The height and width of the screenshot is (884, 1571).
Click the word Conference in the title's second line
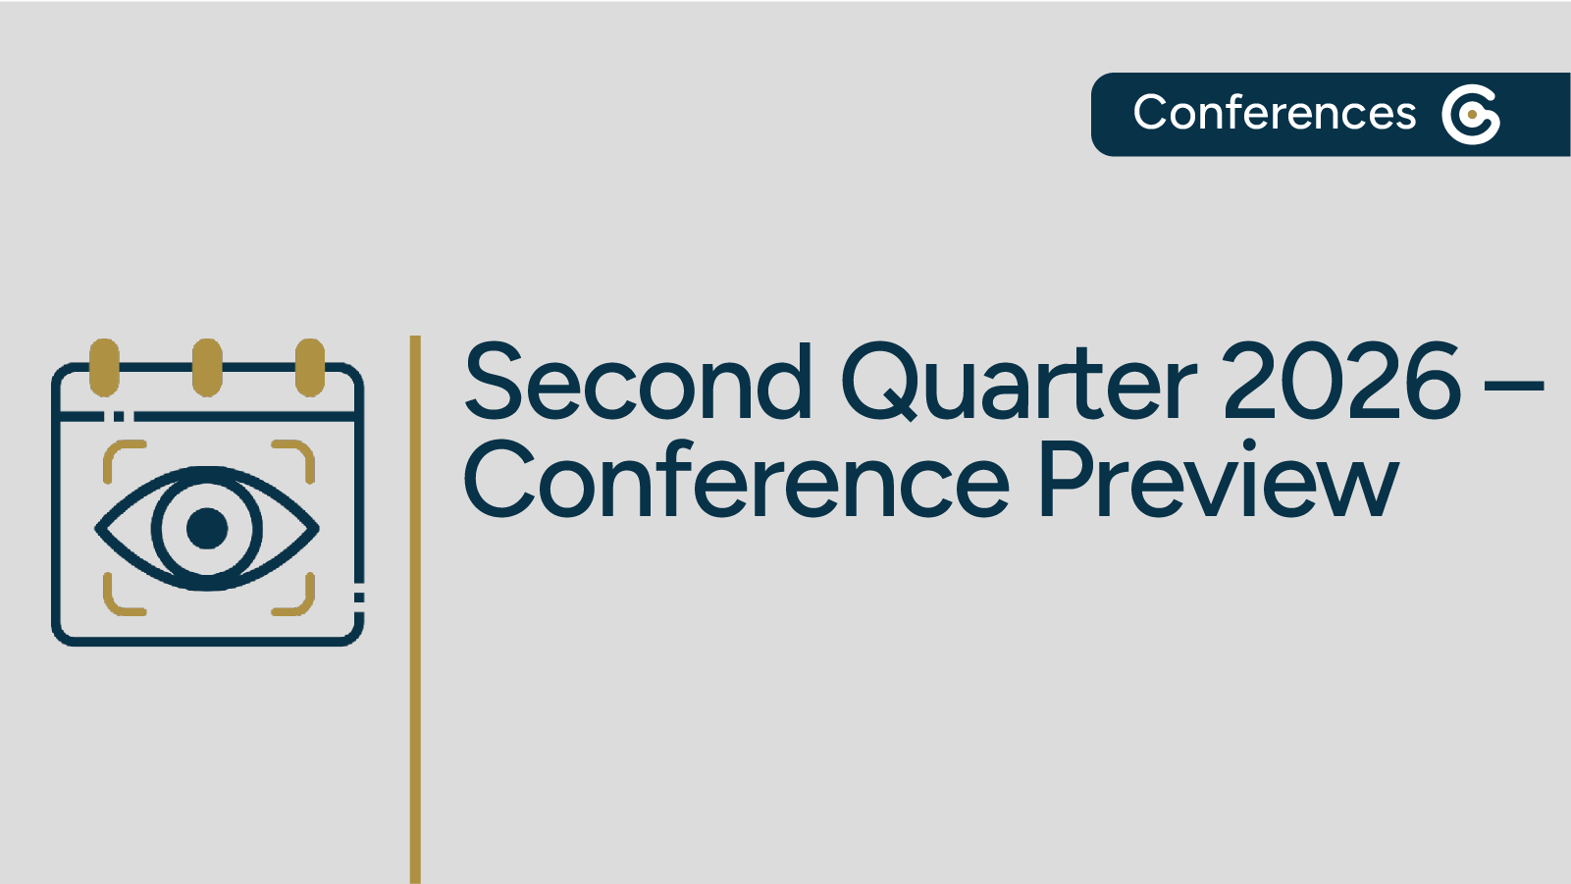click(735, 481)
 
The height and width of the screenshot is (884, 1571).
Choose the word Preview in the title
click(1217, 481)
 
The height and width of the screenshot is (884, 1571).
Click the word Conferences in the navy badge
click(1274, 113)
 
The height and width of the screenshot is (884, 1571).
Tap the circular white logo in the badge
click(1470, 115)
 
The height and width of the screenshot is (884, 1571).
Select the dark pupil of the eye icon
click(207, 528)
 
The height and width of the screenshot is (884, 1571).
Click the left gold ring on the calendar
click(104, 367)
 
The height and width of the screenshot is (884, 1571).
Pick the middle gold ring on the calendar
click(207, 367)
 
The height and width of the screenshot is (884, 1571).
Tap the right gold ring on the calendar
click(310, 367)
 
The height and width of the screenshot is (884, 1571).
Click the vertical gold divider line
click(415, 608)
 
